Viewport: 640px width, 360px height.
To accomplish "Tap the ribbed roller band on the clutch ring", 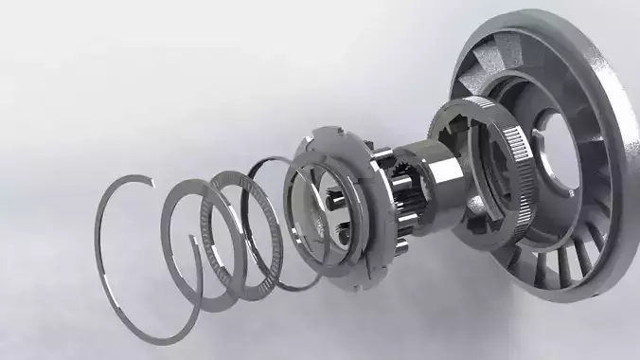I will pos(516,171).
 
